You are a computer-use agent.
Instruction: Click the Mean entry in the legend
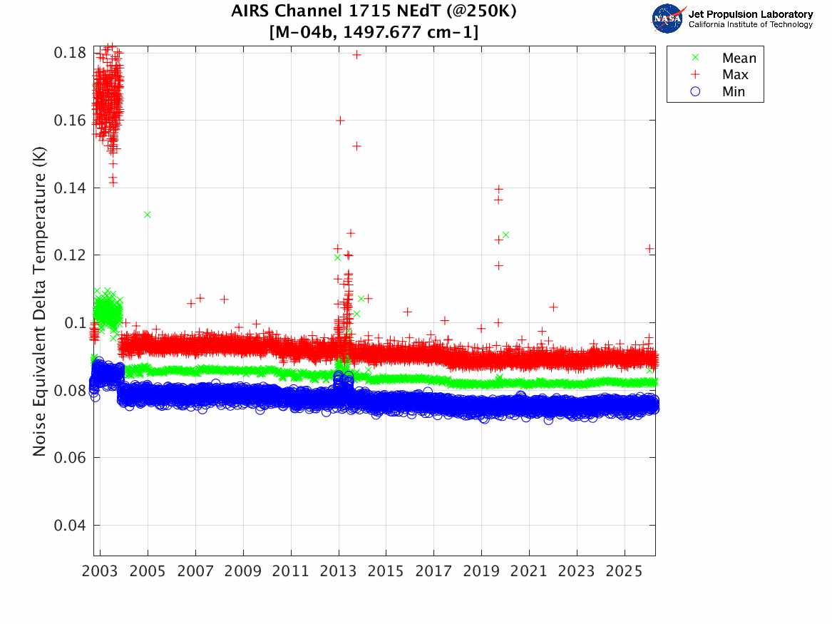point(739,58)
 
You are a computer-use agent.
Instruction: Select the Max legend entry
point(735,75)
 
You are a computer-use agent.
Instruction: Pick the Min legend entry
point(734,91)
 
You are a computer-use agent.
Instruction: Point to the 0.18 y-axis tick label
point(70,53)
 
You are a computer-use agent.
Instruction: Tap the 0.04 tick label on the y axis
point(70,526)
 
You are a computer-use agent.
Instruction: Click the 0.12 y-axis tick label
point(70,255)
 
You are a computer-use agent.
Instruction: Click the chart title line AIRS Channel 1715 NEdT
point(374,12)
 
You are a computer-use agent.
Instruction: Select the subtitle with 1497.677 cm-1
point(374,32)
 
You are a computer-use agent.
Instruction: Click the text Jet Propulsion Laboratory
point(750,14)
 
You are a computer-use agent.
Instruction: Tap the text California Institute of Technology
point(750,25)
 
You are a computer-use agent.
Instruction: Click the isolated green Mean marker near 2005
point(147,215)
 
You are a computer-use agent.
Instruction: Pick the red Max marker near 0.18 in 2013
point(356,54)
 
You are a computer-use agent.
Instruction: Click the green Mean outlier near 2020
point(505,235)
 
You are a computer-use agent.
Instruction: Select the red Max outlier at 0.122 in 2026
point(649,248)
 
